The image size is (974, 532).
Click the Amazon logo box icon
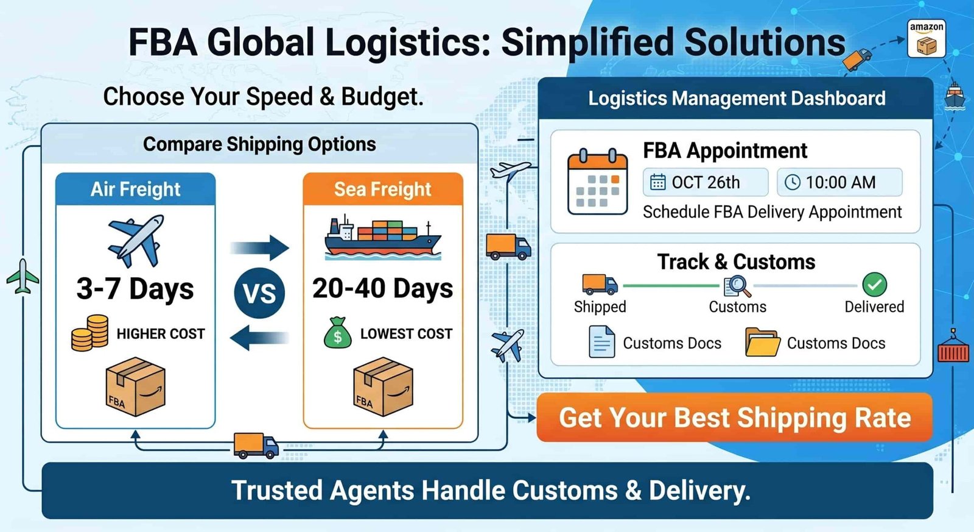click(x=926, y=38)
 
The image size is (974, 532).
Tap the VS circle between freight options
click(x=259, y=293)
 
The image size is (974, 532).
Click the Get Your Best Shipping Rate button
click(x=735, y=417)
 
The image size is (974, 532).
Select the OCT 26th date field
click(x=706, y=182)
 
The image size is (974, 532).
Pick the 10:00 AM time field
click(x=839, y=182)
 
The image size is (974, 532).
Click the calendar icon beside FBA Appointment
click(x=598, y=182)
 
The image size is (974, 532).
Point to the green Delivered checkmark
click(x=874, y=285)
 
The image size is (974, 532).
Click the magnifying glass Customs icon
click(x=737, y=286)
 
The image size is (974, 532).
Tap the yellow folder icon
click(x=762, y=342)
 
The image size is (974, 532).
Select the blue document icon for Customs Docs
click(x=602, y=342)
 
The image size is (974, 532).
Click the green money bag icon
click(x=338, y=333)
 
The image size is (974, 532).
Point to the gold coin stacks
click(x=89, y=333)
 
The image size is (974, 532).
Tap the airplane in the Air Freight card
click(x=136, y=241)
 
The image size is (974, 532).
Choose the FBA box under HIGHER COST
click(x=136, y=387)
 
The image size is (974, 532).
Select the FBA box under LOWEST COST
click(x=383, y=387)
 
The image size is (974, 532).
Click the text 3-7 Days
click(x=135, y=289)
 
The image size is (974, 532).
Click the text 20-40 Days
click(x=383, y=289)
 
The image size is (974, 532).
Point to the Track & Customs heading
click(x=736, y=262)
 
